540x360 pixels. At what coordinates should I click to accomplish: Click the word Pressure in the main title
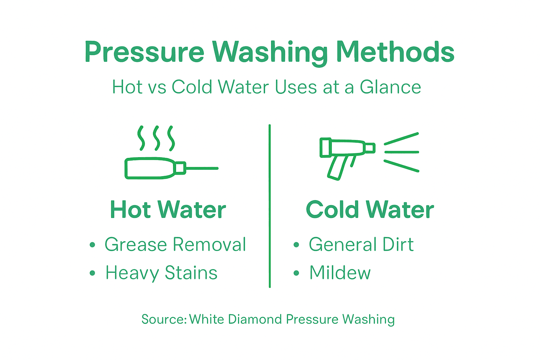(x=144, y=53)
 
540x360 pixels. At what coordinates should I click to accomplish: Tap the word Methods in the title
(x=395, y=52)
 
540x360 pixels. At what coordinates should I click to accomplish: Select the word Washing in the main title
(x=270, y=53)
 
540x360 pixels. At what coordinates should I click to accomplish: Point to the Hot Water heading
(x=168, y=210)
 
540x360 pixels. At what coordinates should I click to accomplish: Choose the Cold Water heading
(x=370, y=210)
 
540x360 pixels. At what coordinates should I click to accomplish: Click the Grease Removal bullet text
(x=175, y=244)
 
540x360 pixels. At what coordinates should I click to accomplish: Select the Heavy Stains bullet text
(x=161, y=273)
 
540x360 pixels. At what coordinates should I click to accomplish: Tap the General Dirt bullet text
(x=361, y=244)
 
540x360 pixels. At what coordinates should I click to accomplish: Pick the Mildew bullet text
(x=340, y=273)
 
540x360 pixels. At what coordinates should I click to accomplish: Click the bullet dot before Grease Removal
(x=92, y=245)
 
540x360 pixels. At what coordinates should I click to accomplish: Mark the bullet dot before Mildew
(x=296, y=273)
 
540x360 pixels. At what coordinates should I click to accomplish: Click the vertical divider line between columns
(x=270, y=206)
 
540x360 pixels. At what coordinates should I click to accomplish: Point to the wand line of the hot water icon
(x=202, y=168)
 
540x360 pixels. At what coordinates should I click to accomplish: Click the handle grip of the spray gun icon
(x=337, y=168)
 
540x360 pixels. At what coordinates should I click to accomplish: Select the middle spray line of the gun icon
(x=401, y=152)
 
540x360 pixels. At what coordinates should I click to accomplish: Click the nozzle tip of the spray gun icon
(x=370, y=148)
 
